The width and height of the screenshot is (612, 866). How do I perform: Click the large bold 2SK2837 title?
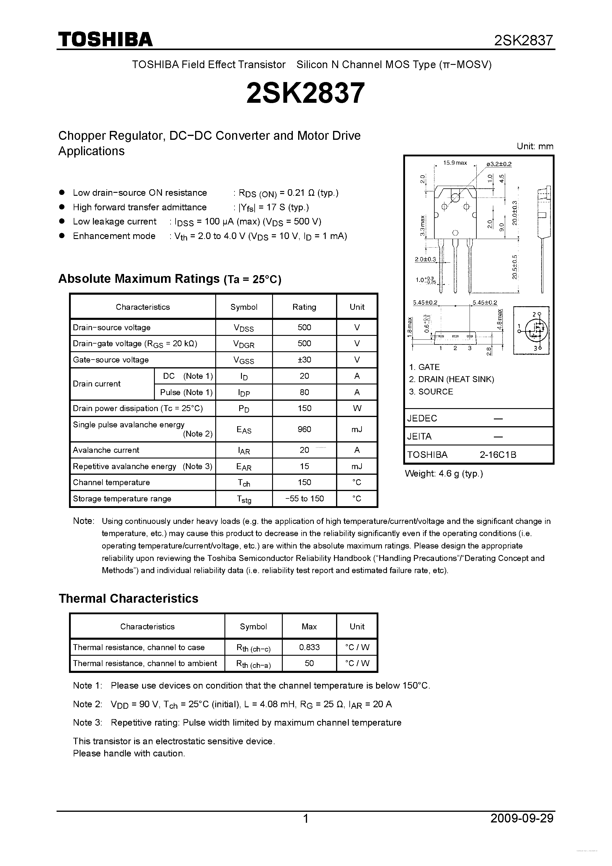tap(306, 93)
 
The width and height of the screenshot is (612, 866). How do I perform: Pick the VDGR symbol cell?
tap(244, 344)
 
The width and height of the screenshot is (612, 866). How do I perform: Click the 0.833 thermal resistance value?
tap(309, 647)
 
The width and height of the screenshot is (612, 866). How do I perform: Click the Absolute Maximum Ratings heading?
tap(170, 279)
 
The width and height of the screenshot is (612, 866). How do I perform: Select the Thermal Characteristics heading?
tap(128, 599)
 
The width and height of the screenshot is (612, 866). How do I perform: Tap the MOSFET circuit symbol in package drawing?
tap(531, 331)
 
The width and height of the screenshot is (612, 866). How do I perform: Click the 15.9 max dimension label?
tap(455, 163)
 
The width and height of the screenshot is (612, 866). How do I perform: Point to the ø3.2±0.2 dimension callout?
tap(499, 164)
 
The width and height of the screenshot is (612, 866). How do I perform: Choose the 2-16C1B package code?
tap(498, 455)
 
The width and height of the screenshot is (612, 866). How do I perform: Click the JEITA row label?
tap(419, 436)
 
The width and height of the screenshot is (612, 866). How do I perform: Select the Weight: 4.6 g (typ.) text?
tap(444, 474)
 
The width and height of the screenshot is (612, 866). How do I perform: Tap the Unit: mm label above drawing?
tap(535, 146)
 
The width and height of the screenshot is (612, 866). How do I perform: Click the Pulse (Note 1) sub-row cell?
tap(186, 392)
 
